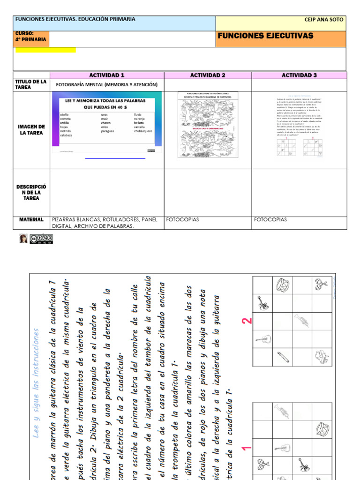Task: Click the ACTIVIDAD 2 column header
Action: click(x=208, y=75)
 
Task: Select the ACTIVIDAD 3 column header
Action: click(x=299, y=75)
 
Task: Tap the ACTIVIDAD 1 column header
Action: click(x=107, y=75)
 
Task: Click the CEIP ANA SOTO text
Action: click(x=324, y=20)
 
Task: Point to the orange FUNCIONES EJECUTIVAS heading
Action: click(x=265, y=36)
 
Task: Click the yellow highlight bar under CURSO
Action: click(x=45, y=50)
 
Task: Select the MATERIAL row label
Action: click(x=31, y=219)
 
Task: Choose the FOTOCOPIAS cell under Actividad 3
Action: click(x=270, y=219)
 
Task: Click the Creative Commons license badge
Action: click(x=42, y=239)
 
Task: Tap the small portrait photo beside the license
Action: click(x=23, y=239)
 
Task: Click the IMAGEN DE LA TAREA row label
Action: click(x=31, y=130)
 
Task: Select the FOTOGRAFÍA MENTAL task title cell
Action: click(x=107, y=85)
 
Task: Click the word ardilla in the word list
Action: click(x=65, y=123)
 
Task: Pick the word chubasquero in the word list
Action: click(x=143, y=131)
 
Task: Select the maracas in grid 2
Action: click(x=322, y=284)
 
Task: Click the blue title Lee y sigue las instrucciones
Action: click(x=37, y=382)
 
